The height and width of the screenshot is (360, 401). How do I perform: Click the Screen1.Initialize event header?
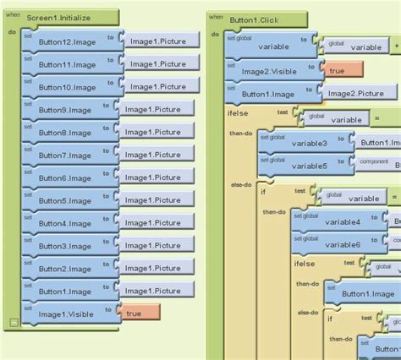tap(63, 16)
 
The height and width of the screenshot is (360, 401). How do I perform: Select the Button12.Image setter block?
tap(67, 41)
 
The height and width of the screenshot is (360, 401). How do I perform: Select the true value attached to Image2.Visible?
tap(343, 71)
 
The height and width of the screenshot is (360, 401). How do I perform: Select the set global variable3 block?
tap(304, 144)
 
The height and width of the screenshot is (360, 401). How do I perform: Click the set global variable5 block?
tap(304, 166)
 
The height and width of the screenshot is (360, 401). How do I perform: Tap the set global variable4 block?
tap(338, 222)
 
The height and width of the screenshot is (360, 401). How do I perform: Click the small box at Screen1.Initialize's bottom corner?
tap(14, 320)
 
